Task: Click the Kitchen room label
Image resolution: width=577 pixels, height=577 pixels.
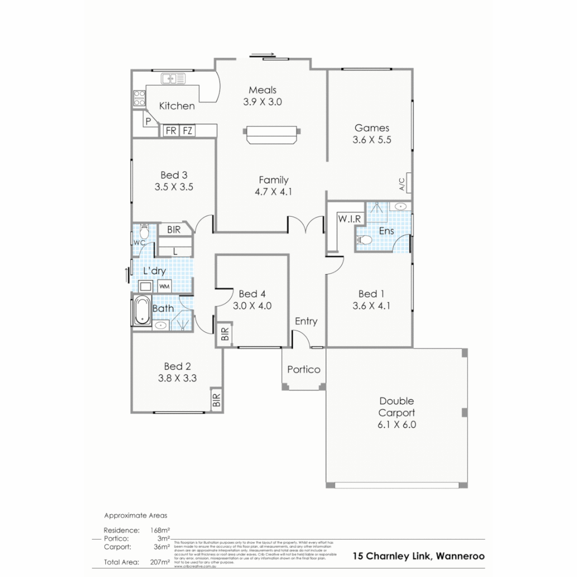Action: tap(177, 106)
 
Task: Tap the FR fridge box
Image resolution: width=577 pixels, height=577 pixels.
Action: tap(171, 130)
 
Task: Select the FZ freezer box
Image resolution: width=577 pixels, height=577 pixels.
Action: tap(188, 130)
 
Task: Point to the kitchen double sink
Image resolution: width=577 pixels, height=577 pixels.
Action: tap(173, 79)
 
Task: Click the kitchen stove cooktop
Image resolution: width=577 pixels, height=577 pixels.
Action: tap(139, 97)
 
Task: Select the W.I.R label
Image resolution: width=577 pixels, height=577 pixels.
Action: tap(350, 218)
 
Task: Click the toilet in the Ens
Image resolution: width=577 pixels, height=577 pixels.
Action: tap(364, 240)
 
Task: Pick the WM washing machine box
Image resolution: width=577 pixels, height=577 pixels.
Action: tap(165, 286)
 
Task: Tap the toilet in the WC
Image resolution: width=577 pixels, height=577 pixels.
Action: tap(143, 232)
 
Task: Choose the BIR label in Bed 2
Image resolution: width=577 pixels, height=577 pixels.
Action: tap(216, 400)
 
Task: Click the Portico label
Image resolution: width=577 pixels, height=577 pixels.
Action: tap(303, 369)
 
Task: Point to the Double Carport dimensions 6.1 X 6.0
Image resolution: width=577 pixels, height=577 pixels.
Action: tap(396, 425)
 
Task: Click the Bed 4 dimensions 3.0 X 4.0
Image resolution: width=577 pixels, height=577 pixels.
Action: tap(252, 306)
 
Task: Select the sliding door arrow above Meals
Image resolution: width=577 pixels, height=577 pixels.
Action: tap(265, 54)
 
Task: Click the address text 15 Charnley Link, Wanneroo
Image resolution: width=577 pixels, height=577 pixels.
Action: tap(419, 556)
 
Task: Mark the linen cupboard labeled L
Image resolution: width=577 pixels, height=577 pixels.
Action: tap(176, 251)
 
